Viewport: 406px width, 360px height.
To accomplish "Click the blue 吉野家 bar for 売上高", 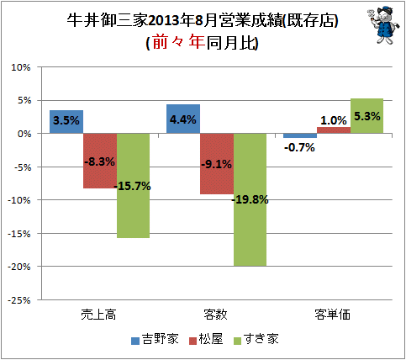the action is point(66,122).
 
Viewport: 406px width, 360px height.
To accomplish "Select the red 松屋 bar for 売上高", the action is point(100,161).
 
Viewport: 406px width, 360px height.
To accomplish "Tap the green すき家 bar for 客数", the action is point(250,199).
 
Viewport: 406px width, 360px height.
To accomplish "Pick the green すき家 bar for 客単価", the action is point(366,116).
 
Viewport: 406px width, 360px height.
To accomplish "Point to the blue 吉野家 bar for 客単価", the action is point(300,135).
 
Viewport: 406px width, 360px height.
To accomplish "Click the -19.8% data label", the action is point(250,199).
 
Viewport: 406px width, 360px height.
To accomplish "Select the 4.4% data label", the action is point(183,119).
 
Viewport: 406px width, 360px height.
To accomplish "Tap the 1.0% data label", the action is point(334,120).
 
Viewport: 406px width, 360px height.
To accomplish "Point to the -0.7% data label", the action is point(299,147).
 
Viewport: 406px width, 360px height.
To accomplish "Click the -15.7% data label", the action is point(133,186).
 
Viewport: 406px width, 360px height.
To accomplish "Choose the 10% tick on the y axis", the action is point(20,67).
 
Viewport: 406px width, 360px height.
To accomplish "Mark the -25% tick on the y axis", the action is point(18,300).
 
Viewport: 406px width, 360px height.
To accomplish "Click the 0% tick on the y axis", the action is point(24,134).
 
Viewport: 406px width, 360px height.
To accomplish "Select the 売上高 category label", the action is point(98,315).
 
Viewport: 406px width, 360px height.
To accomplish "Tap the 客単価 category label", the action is point(332,315).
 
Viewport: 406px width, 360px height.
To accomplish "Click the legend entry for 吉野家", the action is point(155,339).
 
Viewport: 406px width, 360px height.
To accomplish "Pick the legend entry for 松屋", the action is point(206,339).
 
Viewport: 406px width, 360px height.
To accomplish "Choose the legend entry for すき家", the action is point(256,339).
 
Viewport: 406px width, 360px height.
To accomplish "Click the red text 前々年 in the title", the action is point(178,42).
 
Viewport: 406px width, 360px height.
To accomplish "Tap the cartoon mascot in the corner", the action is point(383,25).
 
